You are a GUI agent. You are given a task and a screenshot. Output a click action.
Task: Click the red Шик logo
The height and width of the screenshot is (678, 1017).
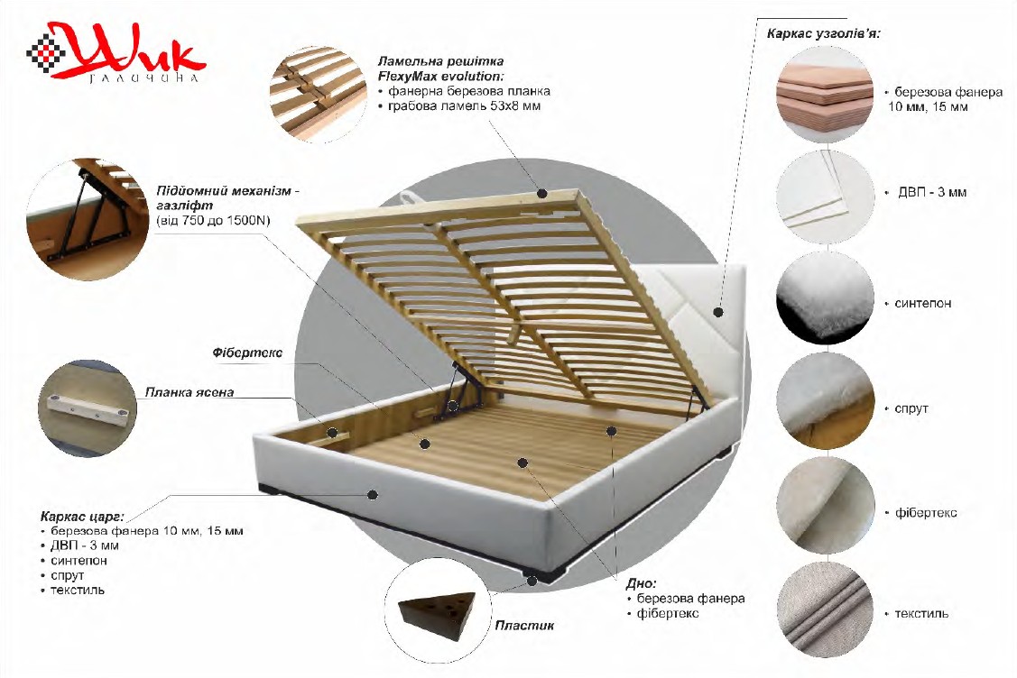[116, 52]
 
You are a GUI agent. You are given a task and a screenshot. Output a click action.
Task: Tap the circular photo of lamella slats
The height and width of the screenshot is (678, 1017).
[318, 95]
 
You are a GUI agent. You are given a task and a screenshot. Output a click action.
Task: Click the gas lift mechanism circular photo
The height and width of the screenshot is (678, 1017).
[88, 220]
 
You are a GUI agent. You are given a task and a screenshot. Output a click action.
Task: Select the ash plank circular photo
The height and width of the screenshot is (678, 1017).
[88, 408]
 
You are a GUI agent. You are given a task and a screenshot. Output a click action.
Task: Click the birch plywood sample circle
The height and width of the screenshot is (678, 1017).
[825, 95]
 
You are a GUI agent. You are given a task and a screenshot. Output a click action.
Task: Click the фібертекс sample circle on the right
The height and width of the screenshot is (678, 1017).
[825, 506]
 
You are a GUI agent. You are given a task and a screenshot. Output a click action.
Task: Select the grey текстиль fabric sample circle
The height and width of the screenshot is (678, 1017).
[825, 610]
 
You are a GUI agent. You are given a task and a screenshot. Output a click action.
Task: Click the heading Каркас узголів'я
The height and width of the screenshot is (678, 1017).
[823, 33]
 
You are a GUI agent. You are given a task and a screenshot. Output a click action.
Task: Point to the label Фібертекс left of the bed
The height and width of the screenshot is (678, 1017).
[247, 353]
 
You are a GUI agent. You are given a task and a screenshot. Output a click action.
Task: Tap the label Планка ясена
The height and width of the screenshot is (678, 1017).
[189, 392]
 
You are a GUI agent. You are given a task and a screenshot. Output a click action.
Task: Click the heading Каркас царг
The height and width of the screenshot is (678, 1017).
[81, 517]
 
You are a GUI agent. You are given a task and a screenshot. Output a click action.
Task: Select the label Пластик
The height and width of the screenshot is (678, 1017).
[524, 626]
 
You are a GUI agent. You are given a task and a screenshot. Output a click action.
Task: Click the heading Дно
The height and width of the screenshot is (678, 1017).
[641, 583]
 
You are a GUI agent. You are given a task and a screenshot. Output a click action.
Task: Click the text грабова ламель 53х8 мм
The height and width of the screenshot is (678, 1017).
[464, 106]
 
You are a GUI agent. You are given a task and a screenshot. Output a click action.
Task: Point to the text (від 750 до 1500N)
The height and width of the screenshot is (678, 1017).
[213, 220]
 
